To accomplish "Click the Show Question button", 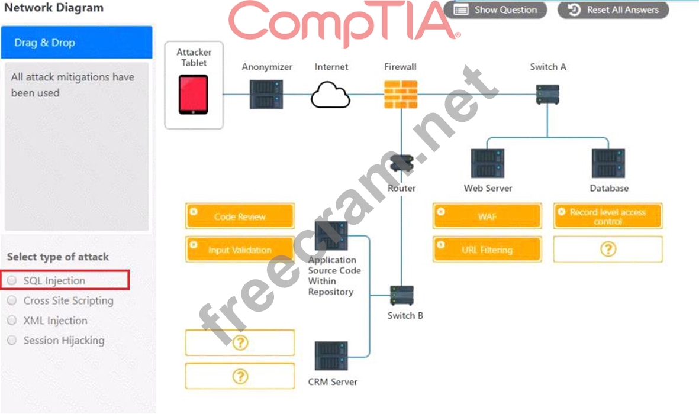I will click(495, 10).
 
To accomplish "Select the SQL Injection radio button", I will click(12, 280).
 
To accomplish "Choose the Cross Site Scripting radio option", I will click(12, 300).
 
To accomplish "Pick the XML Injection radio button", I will click(12, 321).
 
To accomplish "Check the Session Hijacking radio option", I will click(12, 340).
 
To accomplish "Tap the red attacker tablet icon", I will click(194, 94).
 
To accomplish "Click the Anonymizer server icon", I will click(266, 94).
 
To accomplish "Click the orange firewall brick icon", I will click(401, 95).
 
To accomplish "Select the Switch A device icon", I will click(547, 94).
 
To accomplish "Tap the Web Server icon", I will click(488, 164).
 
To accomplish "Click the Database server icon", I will click(608, 164).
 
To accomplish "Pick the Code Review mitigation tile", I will click(240, 216).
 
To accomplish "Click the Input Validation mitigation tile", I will click(240, 250).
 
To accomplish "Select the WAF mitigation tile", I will click(487, 216).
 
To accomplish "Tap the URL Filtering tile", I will click(487, 250).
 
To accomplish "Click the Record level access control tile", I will click(608, 216).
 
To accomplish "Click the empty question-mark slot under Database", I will click(608, 250).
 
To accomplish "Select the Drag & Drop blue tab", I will click(76, 43).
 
